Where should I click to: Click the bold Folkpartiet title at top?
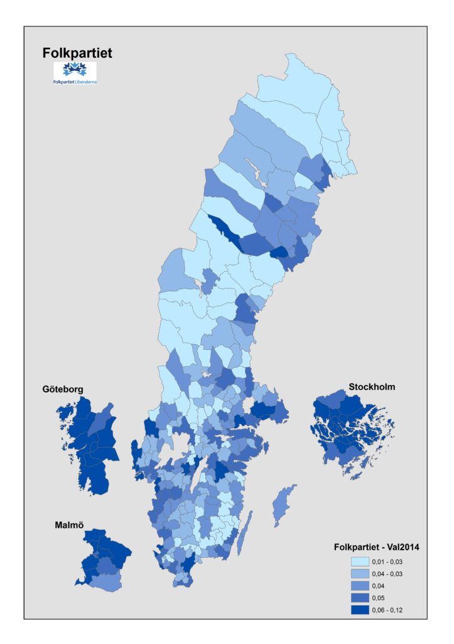[77, 53]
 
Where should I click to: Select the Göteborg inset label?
[63, 389]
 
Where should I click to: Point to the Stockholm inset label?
[371, 387]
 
